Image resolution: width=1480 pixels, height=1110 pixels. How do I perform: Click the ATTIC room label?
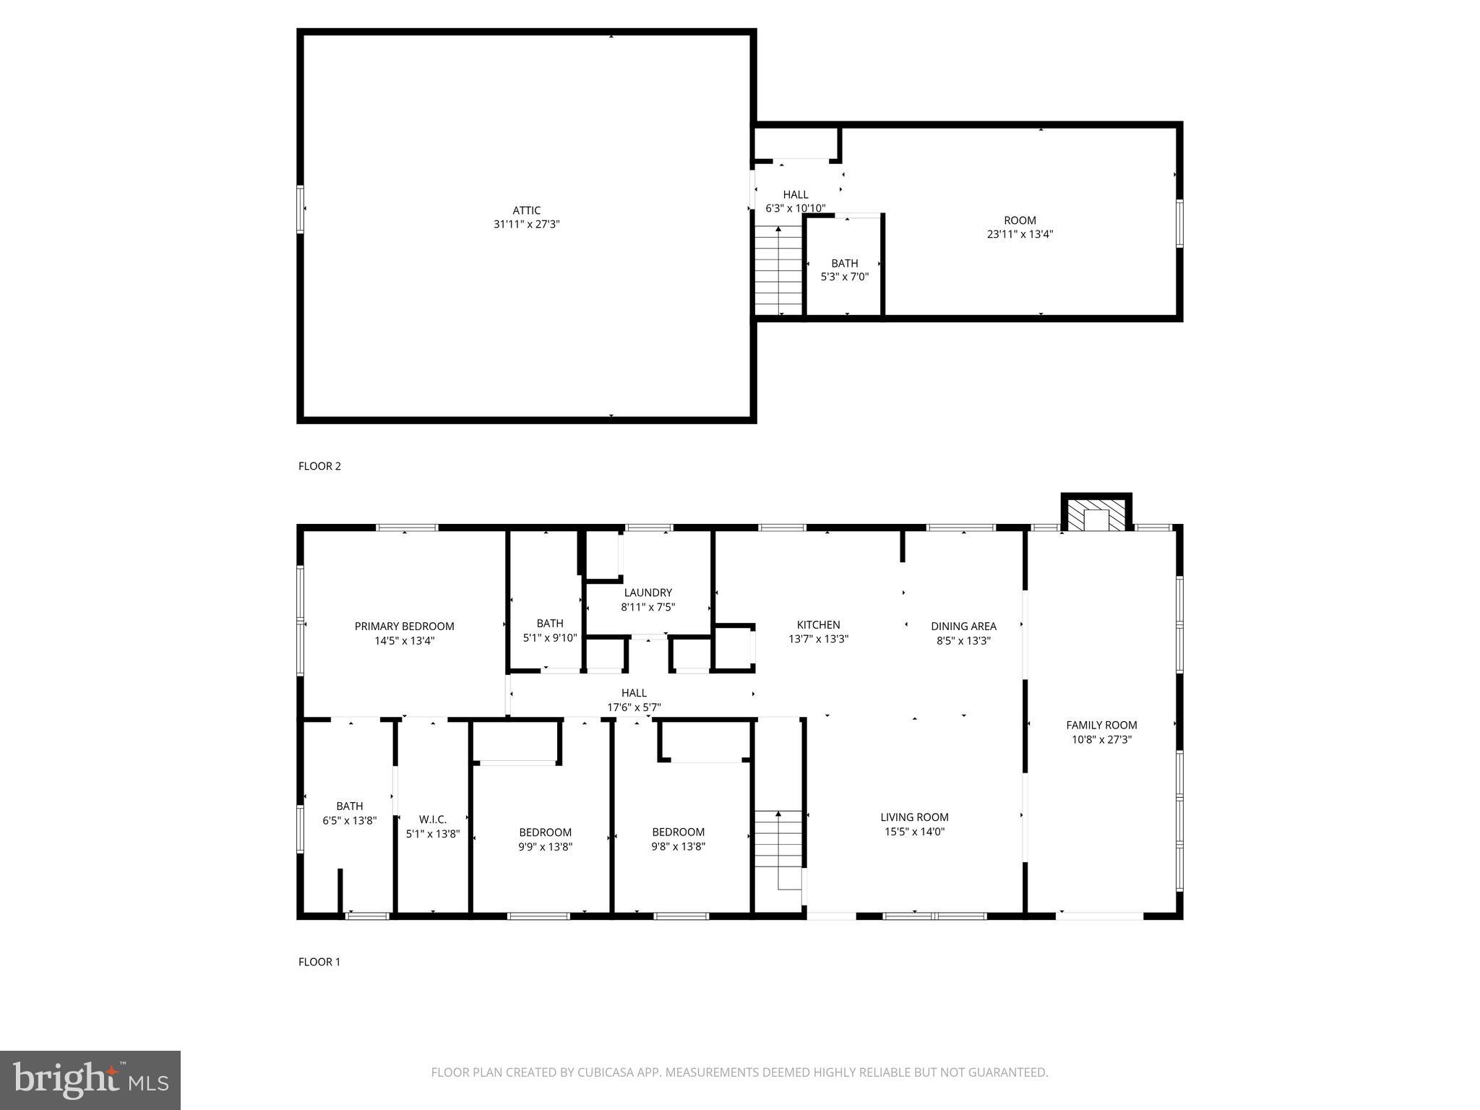tap(527, 210)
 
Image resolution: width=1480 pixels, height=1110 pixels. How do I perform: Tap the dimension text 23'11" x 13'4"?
tap(1020, 234)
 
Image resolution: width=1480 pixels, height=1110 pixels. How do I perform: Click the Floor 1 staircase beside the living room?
tap(778, 842)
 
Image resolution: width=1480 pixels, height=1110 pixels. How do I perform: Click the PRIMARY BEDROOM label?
tap(404, 627)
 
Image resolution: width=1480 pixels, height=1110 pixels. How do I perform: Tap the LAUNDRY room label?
tap(648, 593)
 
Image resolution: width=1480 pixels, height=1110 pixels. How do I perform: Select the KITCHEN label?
tap(818, 625)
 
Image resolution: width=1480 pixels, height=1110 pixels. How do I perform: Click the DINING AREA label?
tap(963, 627)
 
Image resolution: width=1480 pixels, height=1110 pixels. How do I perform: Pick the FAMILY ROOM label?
tap(1101, 725)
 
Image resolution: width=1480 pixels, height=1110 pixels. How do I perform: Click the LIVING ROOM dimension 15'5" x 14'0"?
tap(914, 832)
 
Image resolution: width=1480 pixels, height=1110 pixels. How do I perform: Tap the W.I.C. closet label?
tap(433, 819)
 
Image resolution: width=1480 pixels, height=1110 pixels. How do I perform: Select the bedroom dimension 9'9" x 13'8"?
tap(545, 846)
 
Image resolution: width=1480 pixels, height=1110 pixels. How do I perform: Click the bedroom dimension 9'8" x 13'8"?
tap(678, 846)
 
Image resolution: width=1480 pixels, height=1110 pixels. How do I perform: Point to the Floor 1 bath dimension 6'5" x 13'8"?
tap(350, 820)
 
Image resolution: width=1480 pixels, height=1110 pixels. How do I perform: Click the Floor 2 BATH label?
tap(844, 263)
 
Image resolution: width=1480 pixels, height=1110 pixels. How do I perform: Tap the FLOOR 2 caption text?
tap(319, 466)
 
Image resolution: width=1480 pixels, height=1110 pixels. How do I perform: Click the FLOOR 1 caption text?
tap(319, 962)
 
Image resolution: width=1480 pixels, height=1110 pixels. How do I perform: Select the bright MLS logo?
tap(90, 1080)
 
